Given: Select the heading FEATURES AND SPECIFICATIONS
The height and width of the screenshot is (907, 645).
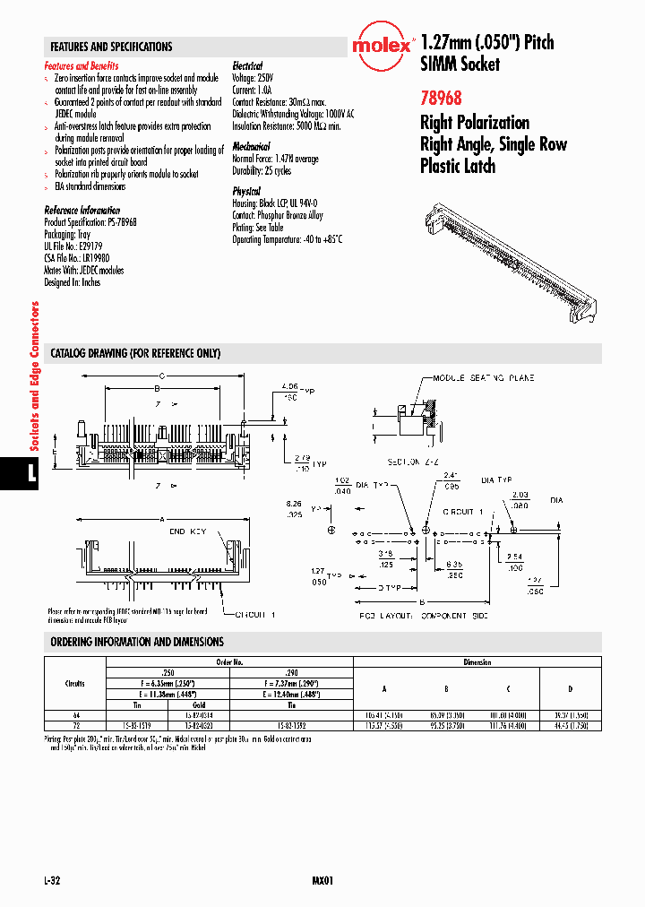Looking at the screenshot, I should click(111, 47).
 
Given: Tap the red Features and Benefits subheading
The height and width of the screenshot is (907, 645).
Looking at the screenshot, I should click(82, 66).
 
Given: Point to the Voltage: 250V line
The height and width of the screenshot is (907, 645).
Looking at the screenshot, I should click(254, 78).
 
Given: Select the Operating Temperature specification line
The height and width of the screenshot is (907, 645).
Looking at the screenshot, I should click(288, 239).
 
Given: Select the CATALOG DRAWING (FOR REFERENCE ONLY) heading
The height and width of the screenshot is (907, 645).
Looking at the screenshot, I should click(135, 353).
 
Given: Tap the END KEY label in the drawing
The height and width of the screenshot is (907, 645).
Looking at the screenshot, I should click(187, 531).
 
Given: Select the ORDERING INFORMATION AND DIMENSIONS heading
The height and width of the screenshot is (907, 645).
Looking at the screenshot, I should click(137, 642).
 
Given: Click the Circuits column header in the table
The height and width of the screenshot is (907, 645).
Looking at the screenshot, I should click(75, 683).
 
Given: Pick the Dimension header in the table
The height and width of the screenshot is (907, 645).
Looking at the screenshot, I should click(477, 662).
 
